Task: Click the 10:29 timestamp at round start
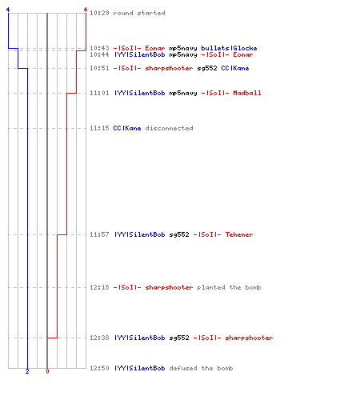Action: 99,13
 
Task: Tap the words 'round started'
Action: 139,13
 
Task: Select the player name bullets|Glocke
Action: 229,48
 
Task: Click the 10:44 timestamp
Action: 99,54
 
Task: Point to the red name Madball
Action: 247,93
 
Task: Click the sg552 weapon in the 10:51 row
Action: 207,68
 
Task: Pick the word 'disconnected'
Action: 170,128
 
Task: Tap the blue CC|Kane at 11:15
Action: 127,128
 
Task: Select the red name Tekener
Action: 239,234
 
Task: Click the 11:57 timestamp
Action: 99,234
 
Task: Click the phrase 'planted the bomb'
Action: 229,287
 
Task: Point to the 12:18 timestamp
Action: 99,287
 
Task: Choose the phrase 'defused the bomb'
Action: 202,368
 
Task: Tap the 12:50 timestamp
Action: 99,368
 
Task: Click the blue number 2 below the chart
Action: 27,371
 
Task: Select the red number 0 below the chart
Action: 47,371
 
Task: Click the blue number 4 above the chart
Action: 8,10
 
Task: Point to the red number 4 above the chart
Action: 86,10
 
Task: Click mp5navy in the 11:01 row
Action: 183,93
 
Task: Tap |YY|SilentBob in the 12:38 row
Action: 140,338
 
